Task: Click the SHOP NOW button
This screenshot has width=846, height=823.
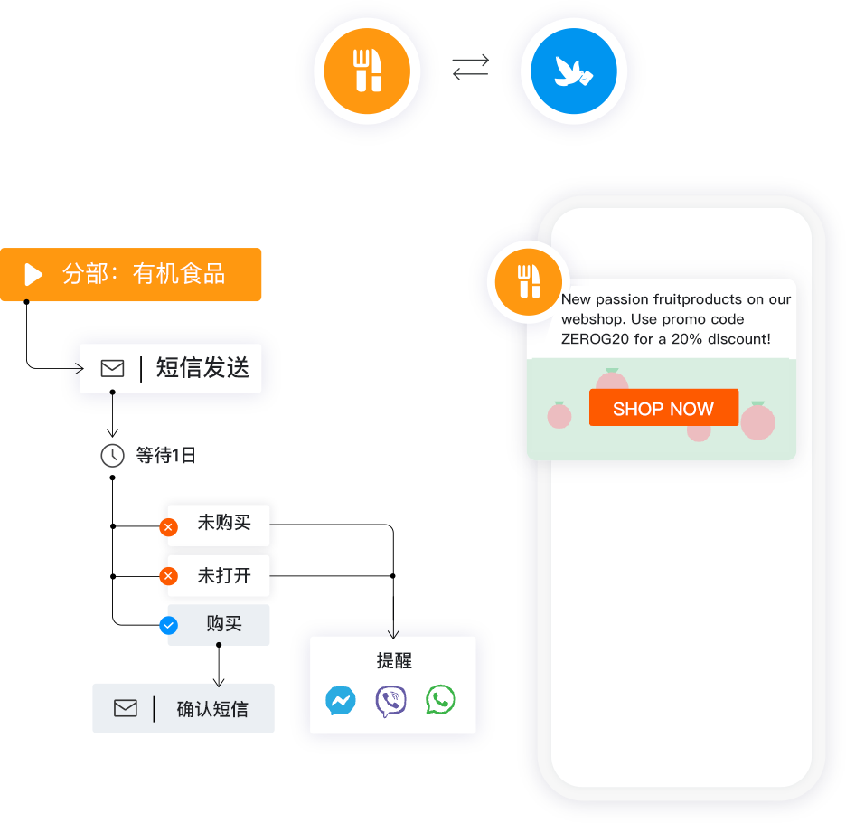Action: [663, 408]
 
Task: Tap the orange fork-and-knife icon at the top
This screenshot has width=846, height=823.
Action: [367, 71]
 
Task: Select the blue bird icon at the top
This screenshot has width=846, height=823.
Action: [573, 71]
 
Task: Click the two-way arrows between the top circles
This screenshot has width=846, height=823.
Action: [470, 67]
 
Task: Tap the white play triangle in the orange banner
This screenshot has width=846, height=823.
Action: [33, 274]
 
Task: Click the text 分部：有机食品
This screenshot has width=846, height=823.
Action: [144, 274]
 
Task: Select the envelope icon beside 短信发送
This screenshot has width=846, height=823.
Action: [112, 368]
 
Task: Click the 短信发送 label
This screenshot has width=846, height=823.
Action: [202, 368]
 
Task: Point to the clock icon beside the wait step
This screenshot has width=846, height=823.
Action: [112, 455]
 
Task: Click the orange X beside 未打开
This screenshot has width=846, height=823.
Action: [168, 575]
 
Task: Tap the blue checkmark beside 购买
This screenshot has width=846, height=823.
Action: [168, 625]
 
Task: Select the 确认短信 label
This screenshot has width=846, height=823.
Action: [211, 709]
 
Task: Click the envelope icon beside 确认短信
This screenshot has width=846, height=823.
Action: [126, 708]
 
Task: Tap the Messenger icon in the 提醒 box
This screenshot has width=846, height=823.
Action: [341, 701]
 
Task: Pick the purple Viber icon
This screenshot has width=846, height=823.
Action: [390, 701]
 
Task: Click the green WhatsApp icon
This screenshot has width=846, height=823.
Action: [440, 700]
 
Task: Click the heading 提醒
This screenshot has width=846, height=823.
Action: [394, 661]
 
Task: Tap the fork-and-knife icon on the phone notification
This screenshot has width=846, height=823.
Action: [528, 281]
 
